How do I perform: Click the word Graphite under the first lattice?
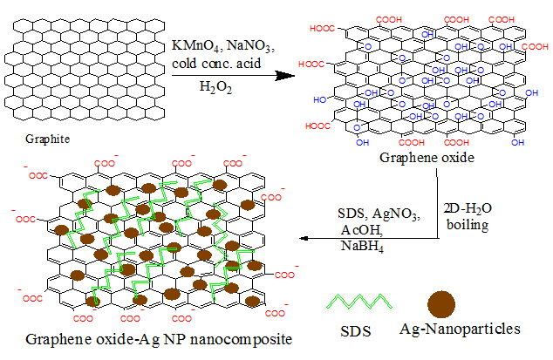click(x=47, y=138)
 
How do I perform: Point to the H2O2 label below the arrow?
click(x=215, y=85)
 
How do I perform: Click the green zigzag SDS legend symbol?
click(x=358, y=302)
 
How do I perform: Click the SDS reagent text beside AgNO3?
click(x=353, y=214)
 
